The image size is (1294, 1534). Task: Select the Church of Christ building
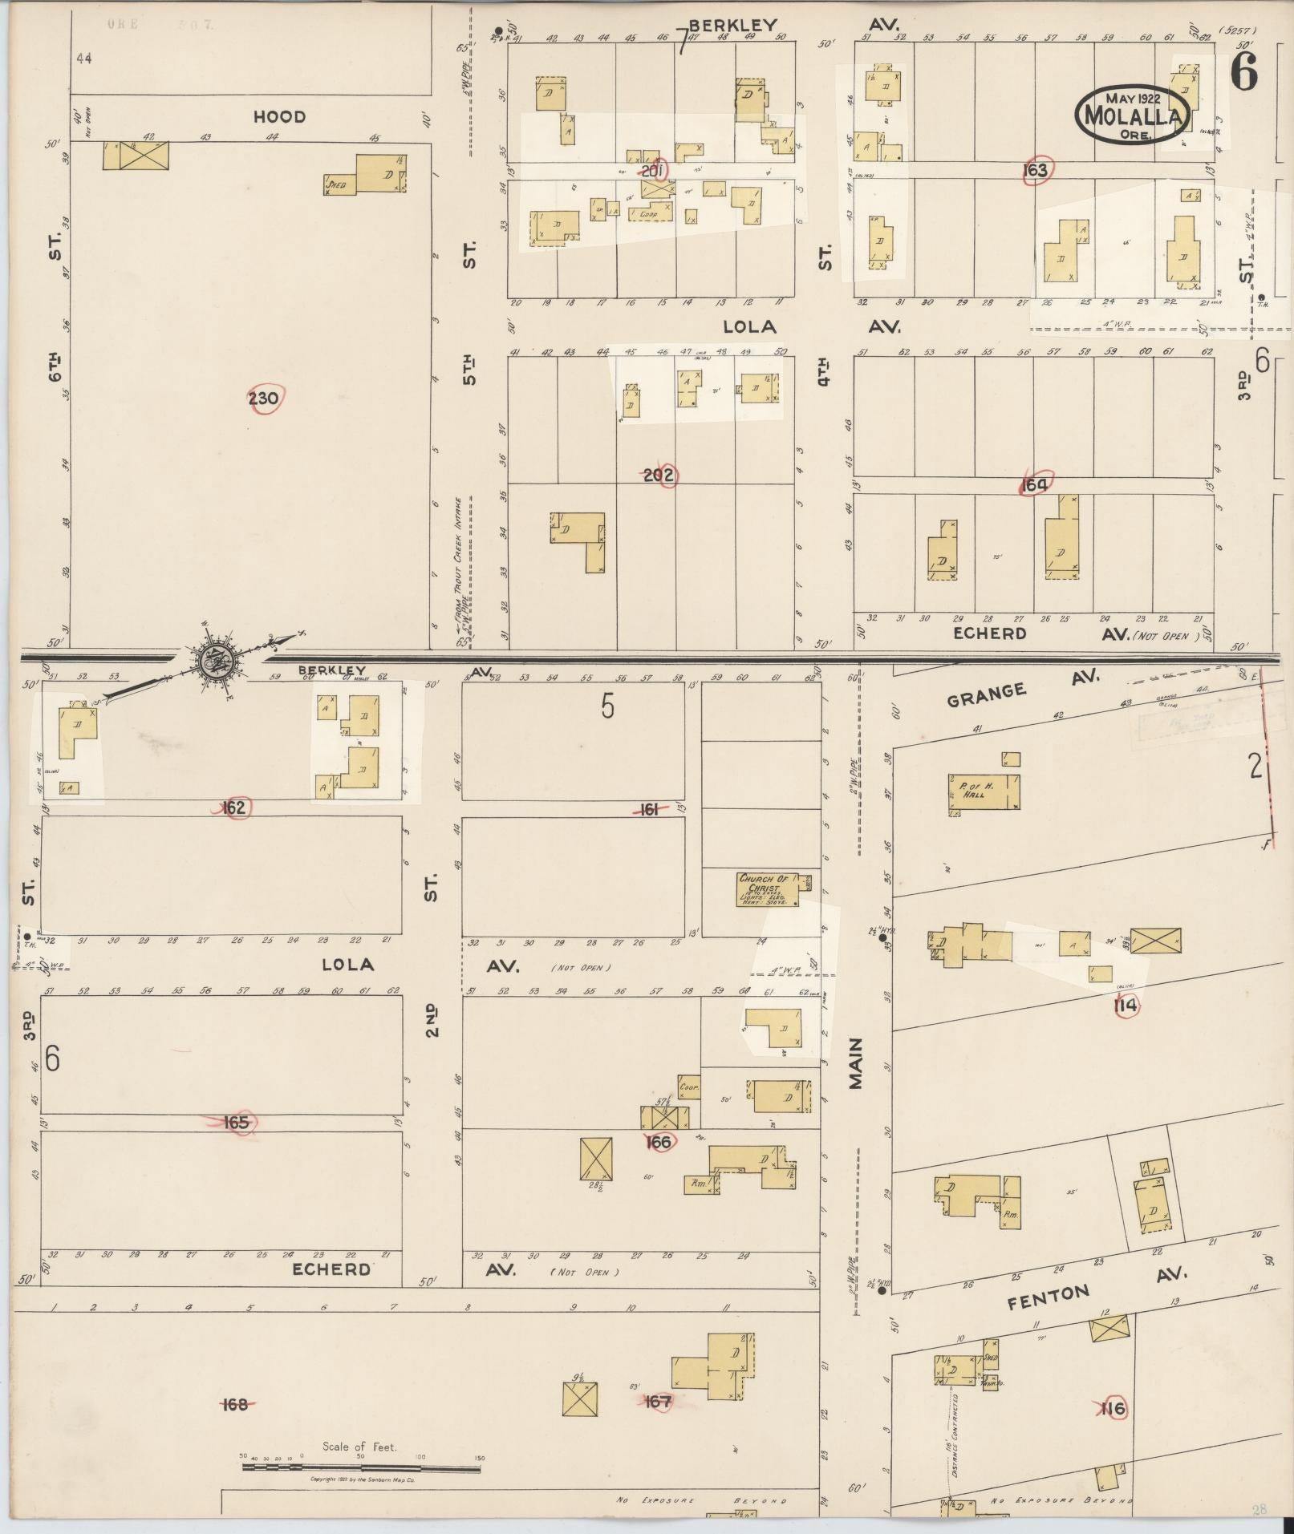tap(769, 889)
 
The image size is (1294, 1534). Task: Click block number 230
tap(264, 399)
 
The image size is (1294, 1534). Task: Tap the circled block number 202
tap(659, 476)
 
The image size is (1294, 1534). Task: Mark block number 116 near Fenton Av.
tap(1113, 1408)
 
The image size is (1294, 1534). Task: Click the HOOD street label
tap(279, 117)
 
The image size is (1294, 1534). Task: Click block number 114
tap(1126, 1006)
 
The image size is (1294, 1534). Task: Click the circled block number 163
tap(1036, 170)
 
